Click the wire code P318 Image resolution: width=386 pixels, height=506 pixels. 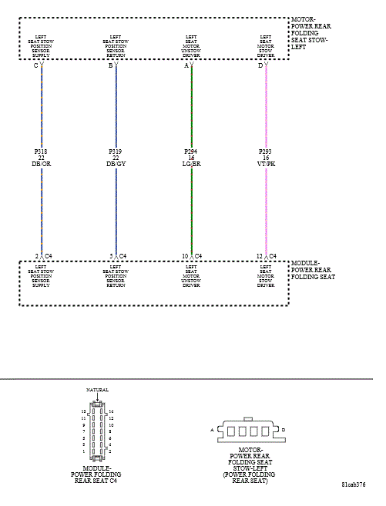coord(42,152)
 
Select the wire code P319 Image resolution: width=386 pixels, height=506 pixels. coord(116,152)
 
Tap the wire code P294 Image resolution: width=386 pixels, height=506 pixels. coord(191,152)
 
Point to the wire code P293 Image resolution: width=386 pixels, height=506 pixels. coord(265,152)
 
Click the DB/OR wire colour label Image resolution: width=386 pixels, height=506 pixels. coord(42,165)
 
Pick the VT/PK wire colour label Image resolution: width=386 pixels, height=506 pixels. coord(265,165)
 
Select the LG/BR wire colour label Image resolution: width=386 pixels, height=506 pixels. coord(191,165)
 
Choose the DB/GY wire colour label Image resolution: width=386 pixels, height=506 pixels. coord(116,165)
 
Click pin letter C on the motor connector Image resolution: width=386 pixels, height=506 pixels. coord(35,66)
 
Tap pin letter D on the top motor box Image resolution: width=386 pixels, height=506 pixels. coord(260,66)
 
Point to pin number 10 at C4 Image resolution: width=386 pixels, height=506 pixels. coord(186,256)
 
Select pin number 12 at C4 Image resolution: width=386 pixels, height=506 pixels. coord(260,256)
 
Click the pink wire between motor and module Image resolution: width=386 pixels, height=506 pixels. coord(266,208)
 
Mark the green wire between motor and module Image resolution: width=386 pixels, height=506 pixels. coord(191,208)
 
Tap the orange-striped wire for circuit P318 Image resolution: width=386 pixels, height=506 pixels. coord(42,208)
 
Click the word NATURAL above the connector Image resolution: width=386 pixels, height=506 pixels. coord(97,390)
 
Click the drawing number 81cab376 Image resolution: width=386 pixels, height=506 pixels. coord(353,485)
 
